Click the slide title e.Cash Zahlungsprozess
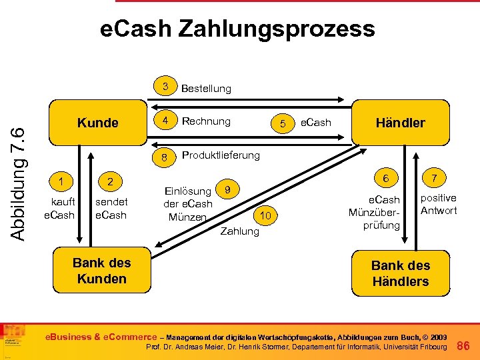point(237,29)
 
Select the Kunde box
point(98,123)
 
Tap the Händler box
point(400,123)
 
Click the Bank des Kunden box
point(101,271)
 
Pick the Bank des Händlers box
point(400,273)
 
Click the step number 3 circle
point(165,87)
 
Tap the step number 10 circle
point(265,215)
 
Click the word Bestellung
point(206,88)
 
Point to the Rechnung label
point(206,121)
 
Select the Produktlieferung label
point(221,155)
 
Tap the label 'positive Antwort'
point(438,204)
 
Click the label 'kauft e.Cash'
point(59,208)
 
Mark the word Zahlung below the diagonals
point(239,231)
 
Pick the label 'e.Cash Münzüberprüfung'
point(383,212)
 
